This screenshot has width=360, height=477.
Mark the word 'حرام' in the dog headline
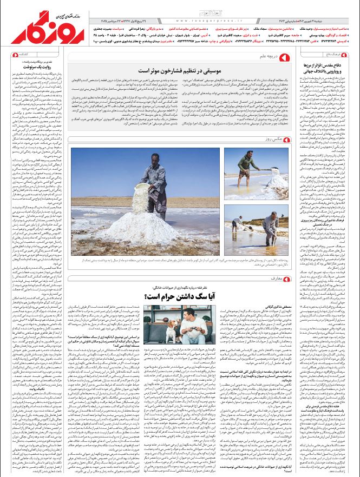coord(170,296)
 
